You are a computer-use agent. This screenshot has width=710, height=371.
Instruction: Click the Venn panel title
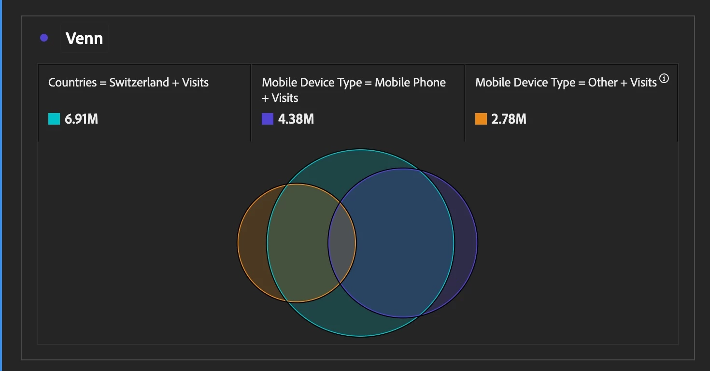[x=84, y=38]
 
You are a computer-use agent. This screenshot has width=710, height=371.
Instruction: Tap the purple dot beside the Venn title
[x=44, y=38]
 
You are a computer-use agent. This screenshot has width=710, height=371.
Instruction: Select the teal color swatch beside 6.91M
[x=54, y=119]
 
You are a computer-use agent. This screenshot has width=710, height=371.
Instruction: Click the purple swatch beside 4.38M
[x=268, y=119]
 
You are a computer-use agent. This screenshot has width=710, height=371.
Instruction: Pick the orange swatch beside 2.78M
[x=481, y=119]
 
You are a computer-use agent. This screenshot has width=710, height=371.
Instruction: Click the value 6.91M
[x=81, y=119]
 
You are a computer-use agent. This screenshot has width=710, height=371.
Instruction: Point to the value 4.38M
[x=296, y=119]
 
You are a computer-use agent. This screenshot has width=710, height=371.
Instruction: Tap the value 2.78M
[x=509, y=119]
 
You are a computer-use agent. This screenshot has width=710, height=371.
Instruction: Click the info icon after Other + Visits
[x=664, y=78]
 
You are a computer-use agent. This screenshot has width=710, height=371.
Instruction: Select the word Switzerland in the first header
[x=139, y=82]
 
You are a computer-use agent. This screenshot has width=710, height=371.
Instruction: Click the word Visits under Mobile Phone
[x=285, y=98]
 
